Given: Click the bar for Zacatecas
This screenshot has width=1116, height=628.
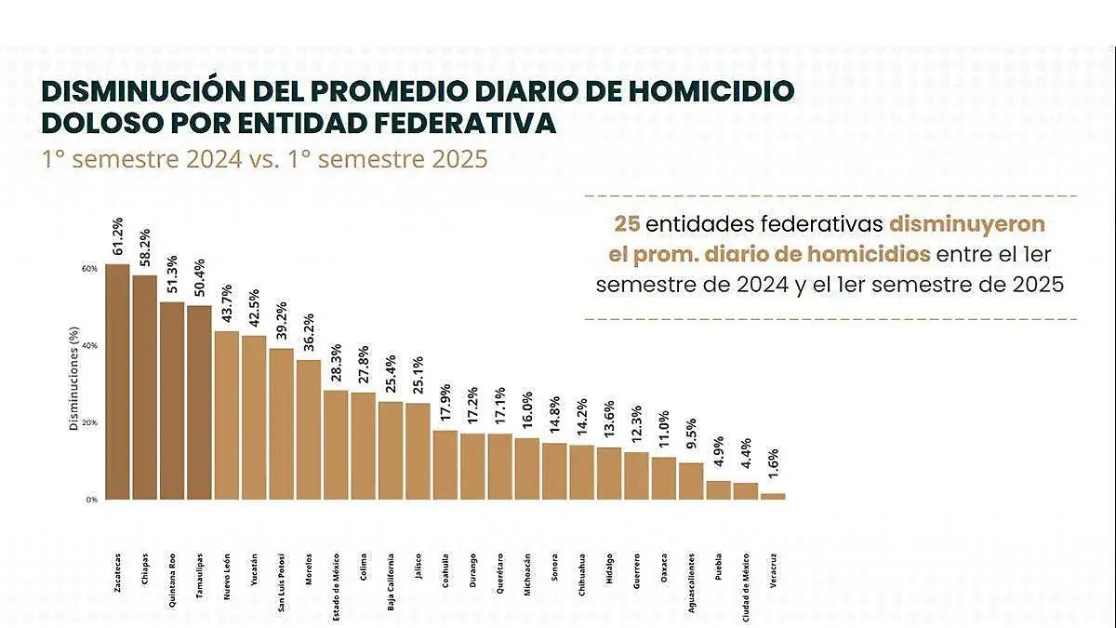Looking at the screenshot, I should tap(117, 381).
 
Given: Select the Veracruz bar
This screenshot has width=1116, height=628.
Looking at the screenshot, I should tap(773, 496).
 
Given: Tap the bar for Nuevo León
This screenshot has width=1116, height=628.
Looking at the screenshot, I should tap(227, 415).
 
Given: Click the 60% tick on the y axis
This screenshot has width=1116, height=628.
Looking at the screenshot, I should tap(89, 269).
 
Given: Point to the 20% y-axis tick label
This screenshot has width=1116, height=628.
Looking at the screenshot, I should tap(89, 422).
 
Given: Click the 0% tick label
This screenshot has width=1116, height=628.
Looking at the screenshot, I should tap(91, 500).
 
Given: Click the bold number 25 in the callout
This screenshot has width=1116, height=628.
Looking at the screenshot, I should tap(626, 224).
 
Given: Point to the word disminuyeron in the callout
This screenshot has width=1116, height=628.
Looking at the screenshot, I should tap(967, 224).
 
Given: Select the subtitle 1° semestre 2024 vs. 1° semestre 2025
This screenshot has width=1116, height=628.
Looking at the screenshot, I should tap(264, 158).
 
